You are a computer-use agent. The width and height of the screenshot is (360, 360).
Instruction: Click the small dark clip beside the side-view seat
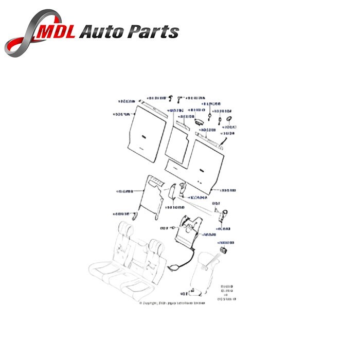[224, 250]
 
